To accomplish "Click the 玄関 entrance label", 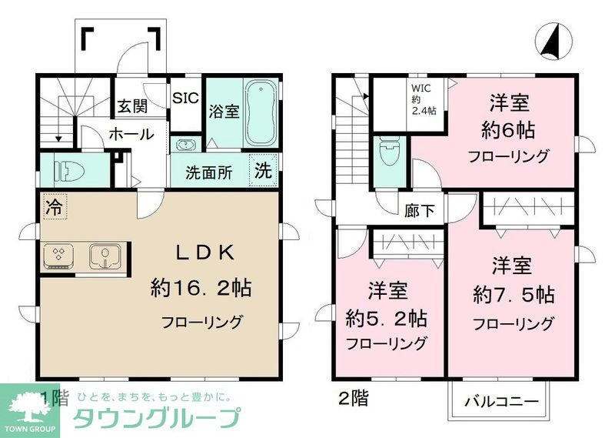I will click(133, 106).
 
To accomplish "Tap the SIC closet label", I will click(185, 98).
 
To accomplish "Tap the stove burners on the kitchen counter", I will click(58, 256).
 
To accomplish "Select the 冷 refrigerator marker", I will click(53, 206).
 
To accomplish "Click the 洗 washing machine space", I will click(264, 170).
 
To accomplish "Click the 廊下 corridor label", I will click(419, 208).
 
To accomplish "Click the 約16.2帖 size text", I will click(201, 289).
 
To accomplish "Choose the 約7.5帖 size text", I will click(513, 294).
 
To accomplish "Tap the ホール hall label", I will click(131, 133).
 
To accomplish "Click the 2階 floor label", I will click(353, 399).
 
